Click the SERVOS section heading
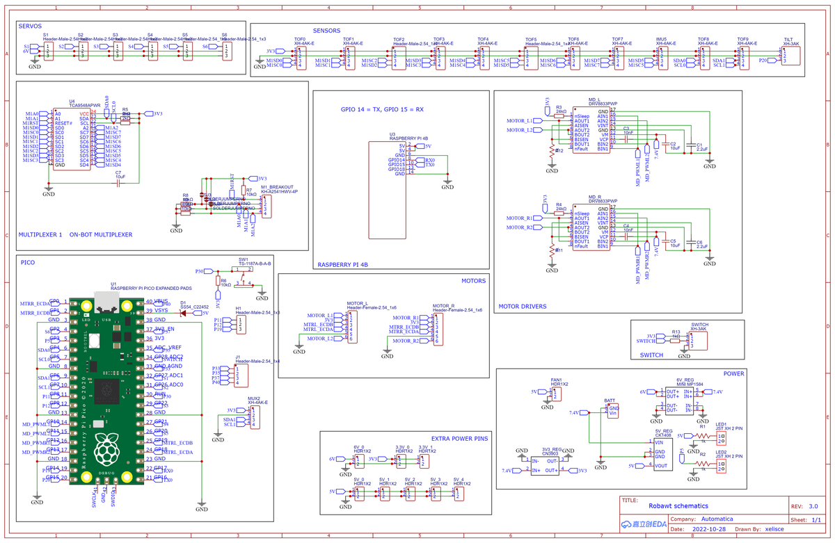pyautogui.click(x=31, y=26)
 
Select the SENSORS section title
pyautogui.click(x=327, y=31)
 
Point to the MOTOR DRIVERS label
pyautogui.click(x=522, y=306)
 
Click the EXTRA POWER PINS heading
pyautogui.click(x=459, y=439)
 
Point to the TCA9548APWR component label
pyautogui.click(x=81, y=106)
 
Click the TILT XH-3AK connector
pyautogui.click(x=790, y=56)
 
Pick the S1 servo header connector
pyautogui.click(x=48, y=51)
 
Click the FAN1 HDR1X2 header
pyautogui.click(x=557, y=394)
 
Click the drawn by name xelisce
pyautogui.click(x=770, y=529)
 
